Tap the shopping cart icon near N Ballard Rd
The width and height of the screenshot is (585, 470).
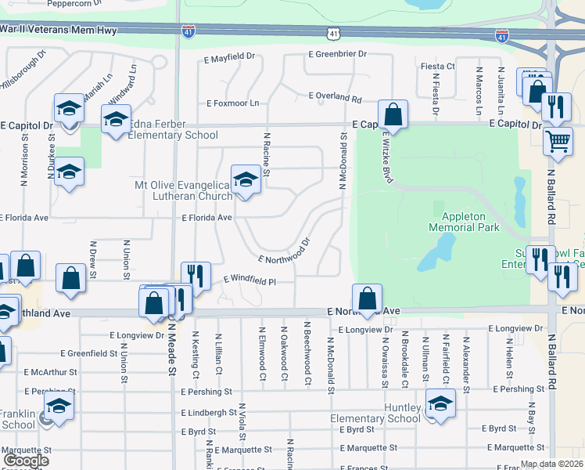click(x=558, y=142)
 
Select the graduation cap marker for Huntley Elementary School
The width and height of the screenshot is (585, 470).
click(x=440, y=404)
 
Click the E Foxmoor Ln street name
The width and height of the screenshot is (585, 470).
click(x=232, y=103)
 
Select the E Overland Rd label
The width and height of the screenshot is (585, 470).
click(x=336, y=98)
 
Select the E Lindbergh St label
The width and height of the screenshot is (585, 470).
click(x=208, y=412)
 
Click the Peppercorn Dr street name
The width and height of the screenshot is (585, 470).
click(x=75, y=3)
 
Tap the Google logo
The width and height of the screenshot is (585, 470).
click(x=26, y=460)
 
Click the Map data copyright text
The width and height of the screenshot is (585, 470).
click(x=551, y=464)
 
